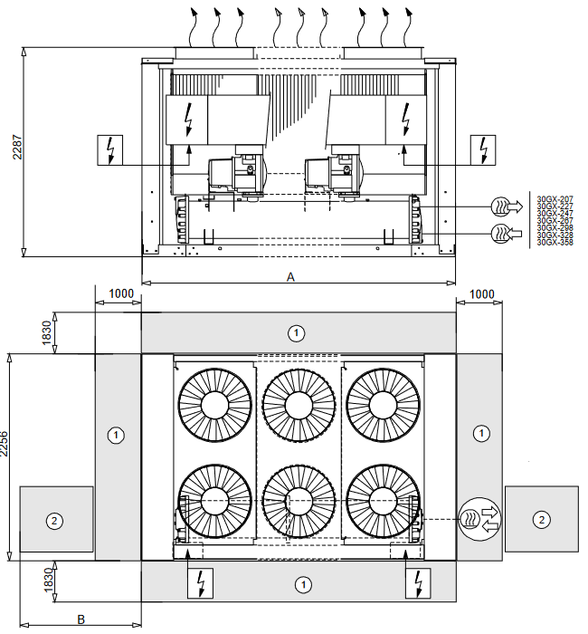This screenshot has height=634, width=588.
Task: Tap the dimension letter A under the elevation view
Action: coord(290,278)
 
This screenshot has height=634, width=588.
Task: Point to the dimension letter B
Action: coord(81,620)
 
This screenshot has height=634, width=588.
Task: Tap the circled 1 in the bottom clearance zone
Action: coord(303,584)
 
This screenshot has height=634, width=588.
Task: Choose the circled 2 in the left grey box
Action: coord(55,520)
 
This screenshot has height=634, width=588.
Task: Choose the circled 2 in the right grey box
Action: coord(541,519)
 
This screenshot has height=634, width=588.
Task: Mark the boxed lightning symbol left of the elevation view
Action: coord(111,150)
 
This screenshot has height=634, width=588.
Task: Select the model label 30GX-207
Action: coord(555,198)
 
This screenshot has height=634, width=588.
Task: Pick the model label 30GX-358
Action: coord(555,243)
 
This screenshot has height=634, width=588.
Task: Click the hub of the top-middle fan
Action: coord(298,405)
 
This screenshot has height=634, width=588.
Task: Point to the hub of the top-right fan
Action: coord(381,405)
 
